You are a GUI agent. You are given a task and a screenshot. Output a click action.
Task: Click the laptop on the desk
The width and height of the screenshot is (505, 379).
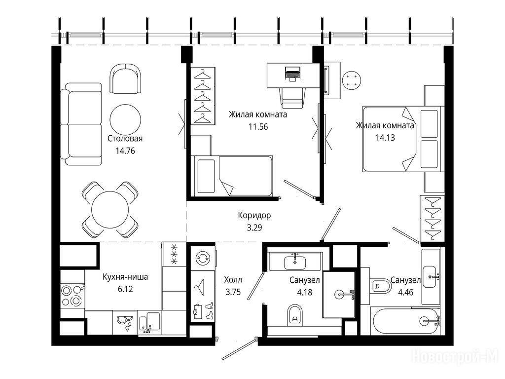292,74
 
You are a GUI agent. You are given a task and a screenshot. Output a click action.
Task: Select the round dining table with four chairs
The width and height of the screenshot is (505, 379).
110,210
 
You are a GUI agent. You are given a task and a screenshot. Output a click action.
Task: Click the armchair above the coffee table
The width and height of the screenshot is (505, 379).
125,78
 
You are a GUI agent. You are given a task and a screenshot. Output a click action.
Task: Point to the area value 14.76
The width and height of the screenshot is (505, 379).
125,151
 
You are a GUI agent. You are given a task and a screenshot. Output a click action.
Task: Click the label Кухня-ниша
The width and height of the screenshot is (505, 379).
125,277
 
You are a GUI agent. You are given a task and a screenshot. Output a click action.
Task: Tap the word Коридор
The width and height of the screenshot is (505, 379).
254,215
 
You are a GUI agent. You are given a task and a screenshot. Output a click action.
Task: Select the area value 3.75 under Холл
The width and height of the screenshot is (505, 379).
233,292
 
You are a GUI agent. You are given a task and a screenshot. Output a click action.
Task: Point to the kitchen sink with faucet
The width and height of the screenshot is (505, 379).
150,323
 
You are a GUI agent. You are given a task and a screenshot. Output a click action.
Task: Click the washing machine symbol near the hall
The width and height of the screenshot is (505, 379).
203,258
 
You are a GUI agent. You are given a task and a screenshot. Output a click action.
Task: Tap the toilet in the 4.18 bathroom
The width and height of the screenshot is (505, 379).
295,314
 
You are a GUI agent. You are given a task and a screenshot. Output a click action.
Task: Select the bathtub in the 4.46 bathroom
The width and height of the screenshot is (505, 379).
406,321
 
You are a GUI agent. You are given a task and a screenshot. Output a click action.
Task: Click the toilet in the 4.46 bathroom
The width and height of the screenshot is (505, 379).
379,286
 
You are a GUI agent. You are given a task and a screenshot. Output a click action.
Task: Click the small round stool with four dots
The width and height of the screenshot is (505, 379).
352,80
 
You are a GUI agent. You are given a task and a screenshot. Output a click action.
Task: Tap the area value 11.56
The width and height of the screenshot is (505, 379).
258,127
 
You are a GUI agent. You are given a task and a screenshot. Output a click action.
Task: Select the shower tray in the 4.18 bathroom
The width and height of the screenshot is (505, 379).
339,294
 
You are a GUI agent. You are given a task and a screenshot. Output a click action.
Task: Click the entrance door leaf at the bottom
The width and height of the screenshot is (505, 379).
240,348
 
